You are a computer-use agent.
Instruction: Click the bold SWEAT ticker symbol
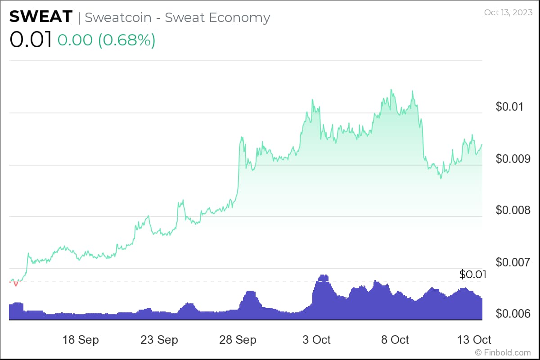pos(40,17)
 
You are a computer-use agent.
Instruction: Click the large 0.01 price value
pos(30,40)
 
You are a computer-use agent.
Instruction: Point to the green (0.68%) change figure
pos(126,40)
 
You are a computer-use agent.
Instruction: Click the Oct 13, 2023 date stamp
pos(508,12)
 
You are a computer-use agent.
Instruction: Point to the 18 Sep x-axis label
pos(81,339)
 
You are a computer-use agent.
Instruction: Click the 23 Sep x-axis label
pos(159,339)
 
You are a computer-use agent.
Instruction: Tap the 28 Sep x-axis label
pos(238,339)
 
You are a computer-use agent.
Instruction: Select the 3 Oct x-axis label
pos(316,339)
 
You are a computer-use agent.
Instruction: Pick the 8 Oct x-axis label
pos(395,339)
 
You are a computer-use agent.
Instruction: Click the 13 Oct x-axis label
pos(473,339)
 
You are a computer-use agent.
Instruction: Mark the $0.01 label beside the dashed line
pos(473,274)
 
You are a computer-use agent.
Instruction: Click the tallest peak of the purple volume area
pos(323,275)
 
